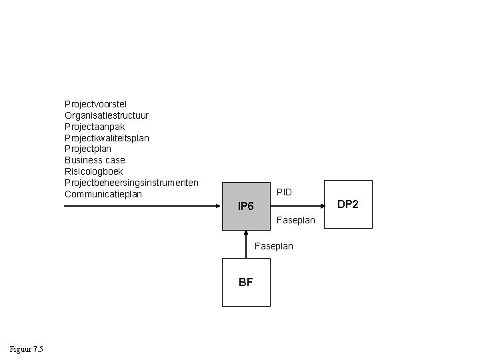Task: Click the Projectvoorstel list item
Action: coord(95,104)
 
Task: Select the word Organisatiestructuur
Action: coord(106,115)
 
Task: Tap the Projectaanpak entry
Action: coord(95,127)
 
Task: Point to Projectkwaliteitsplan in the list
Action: coord(107,138)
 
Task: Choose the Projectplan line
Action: coord(88,149)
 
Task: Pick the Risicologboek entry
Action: coord(93,172)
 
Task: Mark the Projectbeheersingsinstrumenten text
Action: coord(131,183)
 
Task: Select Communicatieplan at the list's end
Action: coord(103,194)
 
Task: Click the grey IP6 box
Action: coord(246,206)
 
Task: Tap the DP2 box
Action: coord(347,204)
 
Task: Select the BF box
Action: coord(245,282)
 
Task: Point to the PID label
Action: coord(284,192)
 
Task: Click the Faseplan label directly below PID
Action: coord(295,220)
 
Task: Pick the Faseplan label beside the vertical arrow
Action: coord(274,246)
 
